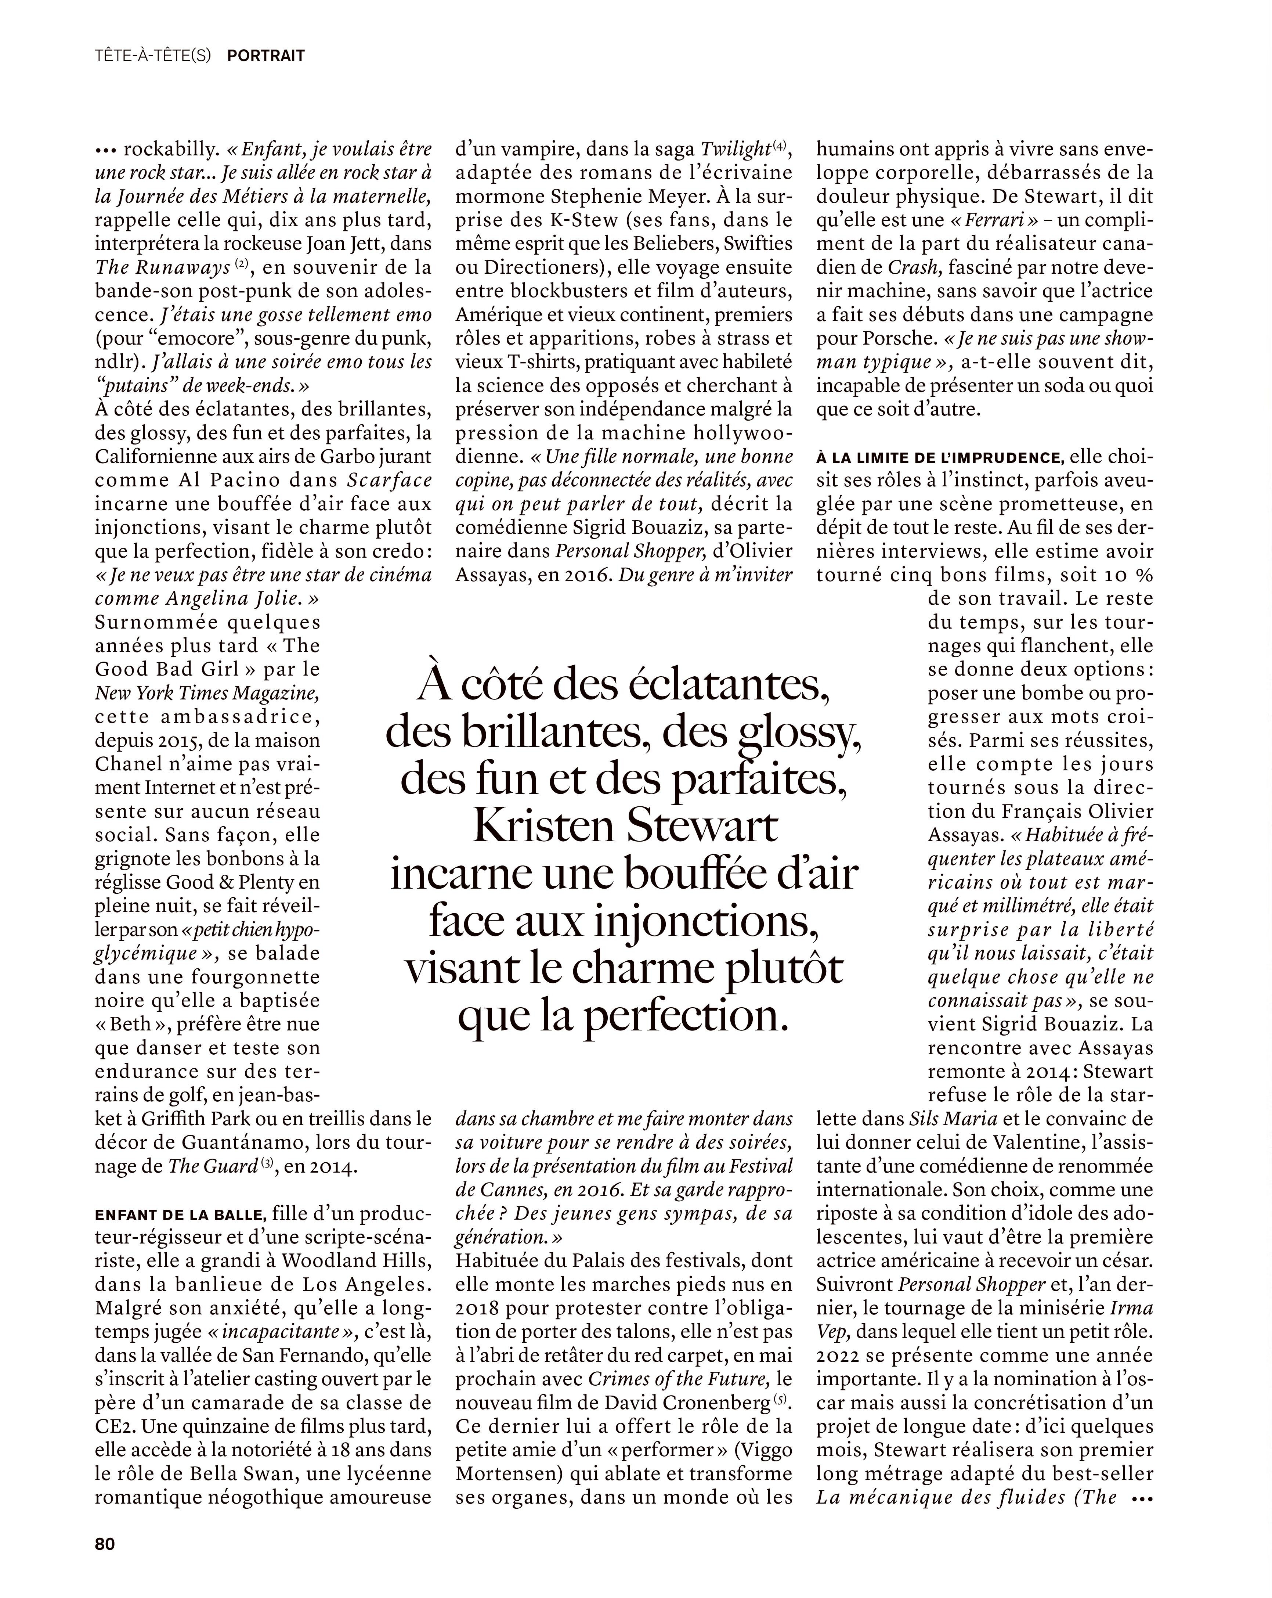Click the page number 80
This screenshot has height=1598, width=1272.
(x=104, y=1544)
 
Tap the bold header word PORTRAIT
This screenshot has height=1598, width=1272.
(x=265, y=55)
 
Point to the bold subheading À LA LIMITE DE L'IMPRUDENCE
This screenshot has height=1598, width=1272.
(x=939, y=457)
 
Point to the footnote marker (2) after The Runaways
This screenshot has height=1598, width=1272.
(x=242, y=264)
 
